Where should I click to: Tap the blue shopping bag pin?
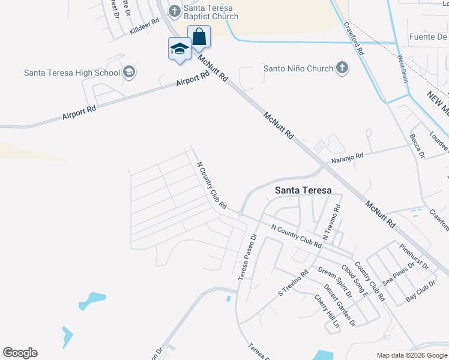199,38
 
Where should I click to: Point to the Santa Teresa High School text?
72,73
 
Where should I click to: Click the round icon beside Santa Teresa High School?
129,73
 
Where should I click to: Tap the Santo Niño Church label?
298,68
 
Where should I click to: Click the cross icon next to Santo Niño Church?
342,68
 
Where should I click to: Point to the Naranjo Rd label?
348,157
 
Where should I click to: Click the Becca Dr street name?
417,146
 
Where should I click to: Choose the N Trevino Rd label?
331,223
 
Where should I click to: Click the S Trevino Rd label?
293,282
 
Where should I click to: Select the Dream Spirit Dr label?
336,282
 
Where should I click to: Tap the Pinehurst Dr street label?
414,256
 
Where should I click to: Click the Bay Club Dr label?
420,290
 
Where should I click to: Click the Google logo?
20,353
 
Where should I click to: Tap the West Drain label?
402,69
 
